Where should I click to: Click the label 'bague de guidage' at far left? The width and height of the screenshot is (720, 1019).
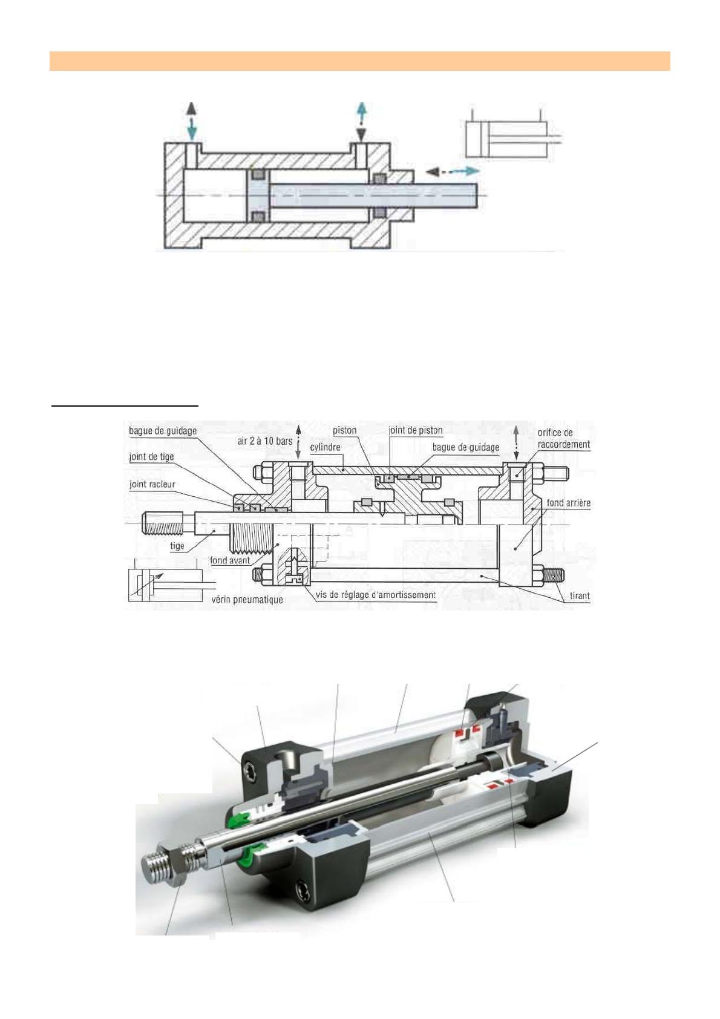tap(163, 431)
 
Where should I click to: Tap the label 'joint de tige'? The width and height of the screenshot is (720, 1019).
tap(151, 457)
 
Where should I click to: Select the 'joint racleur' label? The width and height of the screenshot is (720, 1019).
tap(152, 484)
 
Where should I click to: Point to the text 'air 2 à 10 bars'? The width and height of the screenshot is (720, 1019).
tap(264, 441)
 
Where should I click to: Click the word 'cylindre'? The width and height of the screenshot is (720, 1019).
tap(325, 447)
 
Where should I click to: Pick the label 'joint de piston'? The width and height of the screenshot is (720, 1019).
tap(416, 430)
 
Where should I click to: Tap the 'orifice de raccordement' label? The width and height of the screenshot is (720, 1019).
tap(563, 438)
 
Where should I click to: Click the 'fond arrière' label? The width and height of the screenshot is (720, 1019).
tap(568, 503)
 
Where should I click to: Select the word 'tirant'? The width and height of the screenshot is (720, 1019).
tap(579, 595)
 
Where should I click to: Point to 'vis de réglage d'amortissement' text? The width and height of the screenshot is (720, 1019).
tap(375, 595)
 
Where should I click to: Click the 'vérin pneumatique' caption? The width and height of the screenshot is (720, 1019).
tap(247, 600)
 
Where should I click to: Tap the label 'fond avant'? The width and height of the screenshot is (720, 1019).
tap(229, 560)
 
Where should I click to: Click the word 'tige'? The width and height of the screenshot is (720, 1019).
tap(177, 546)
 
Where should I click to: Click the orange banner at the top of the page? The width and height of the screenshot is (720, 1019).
tap(359, 61)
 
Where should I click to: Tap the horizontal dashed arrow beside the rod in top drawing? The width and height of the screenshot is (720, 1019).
tap(453, 171)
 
